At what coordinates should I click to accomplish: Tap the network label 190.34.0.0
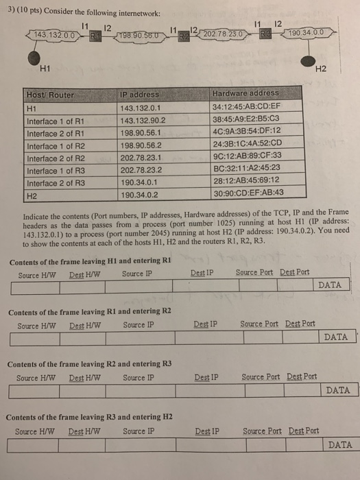tap(312, 32)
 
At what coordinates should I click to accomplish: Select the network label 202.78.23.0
tap(219, 34)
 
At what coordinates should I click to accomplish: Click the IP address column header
tap(139, 94)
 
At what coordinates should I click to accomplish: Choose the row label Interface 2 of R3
tap(55, 183)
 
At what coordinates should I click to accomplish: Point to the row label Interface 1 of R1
tap(55, 121)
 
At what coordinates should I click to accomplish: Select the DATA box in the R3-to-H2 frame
tap(340, 444)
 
